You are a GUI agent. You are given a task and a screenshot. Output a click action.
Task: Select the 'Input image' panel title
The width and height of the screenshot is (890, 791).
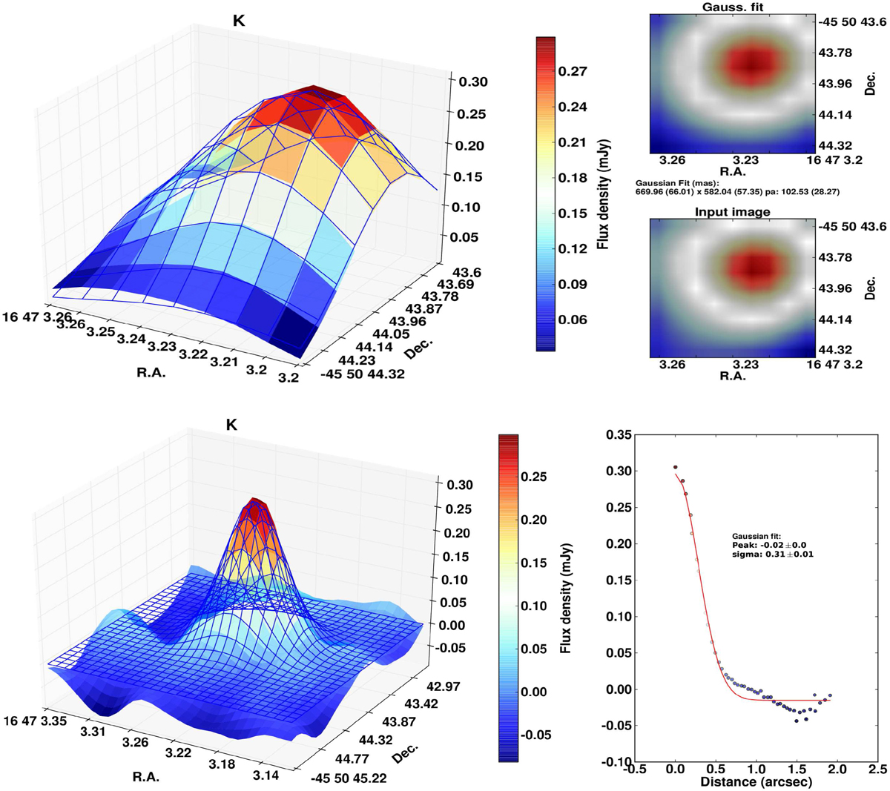(x=732, y=212)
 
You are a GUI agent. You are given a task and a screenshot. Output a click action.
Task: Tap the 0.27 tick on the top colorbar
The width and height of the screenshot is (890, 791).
(x=573, y=71)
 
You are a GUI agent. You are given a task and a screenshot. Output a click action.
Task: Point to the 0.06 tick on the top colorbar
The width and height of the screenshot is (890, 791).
(x=573, y=320)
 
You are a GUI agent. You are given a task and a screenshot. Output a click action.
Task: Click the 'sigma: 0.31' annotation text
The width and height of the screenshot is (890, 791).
(x=772, y=554)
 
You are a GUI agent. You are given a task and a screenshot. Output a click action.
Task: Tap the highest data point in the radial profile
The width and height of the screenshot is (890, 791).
(x=675, y=467)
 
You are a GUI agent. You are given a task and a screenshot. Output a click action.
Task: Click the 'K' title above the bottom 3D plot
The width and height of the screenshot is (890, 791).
(x=232, y=425)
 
